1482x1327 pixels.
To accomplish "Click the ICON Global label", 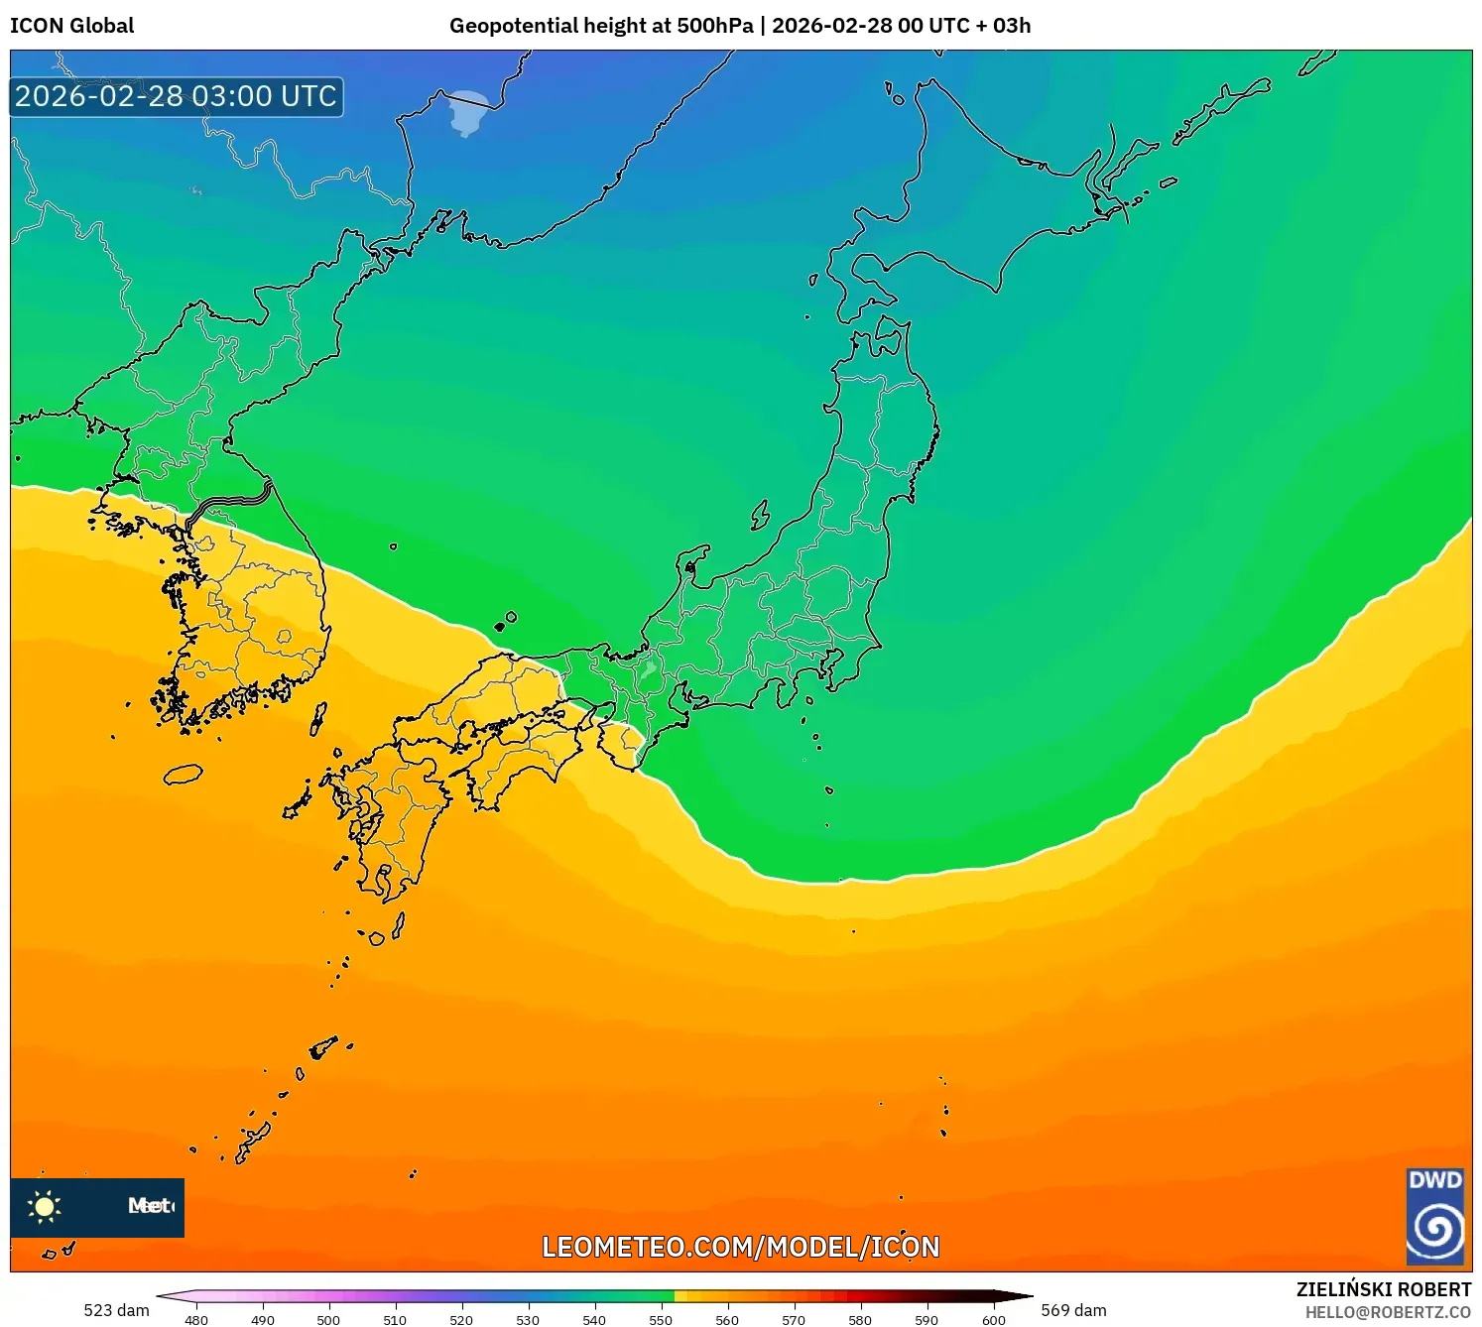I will (71, 26).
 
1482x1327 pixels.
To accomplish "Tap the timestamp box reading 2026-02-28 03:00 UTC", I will (177, 96).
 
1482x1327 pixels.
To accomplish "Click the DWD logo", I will (1435, 1217).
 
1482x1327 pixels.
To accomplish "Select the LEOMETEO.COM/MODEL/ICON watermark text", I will (740, 1247).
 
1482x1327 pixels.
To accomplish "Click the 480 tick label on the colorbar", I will (196, 1319).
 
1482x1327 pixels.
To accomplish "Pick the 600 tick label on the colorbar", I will (993, 1319).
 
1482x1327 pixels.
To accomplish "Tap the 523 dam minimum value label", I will (116, 1310).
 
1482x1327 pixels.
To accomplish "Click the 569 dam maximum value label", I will (1073, 1310).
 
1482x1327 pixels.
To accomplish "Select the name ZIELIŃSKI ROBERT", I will (1384, 1289).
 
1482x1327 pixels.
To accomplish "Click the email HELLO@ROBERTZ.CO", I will (1388, 1312).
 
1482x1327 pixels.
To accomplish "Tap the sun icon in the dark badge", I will (45, 1206).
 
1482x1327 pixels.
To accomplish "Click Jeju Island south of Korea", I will (183, 774).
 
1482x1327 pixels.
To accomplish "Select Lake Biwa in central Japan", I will (649, 667).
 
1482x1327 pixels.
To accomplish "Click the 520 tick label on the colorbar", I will (461, 1319).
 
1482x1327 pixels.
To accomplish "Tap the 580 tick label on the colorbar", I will (860, 1319).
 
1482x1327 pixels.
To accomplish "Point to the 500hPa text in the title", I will (715, 26).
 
